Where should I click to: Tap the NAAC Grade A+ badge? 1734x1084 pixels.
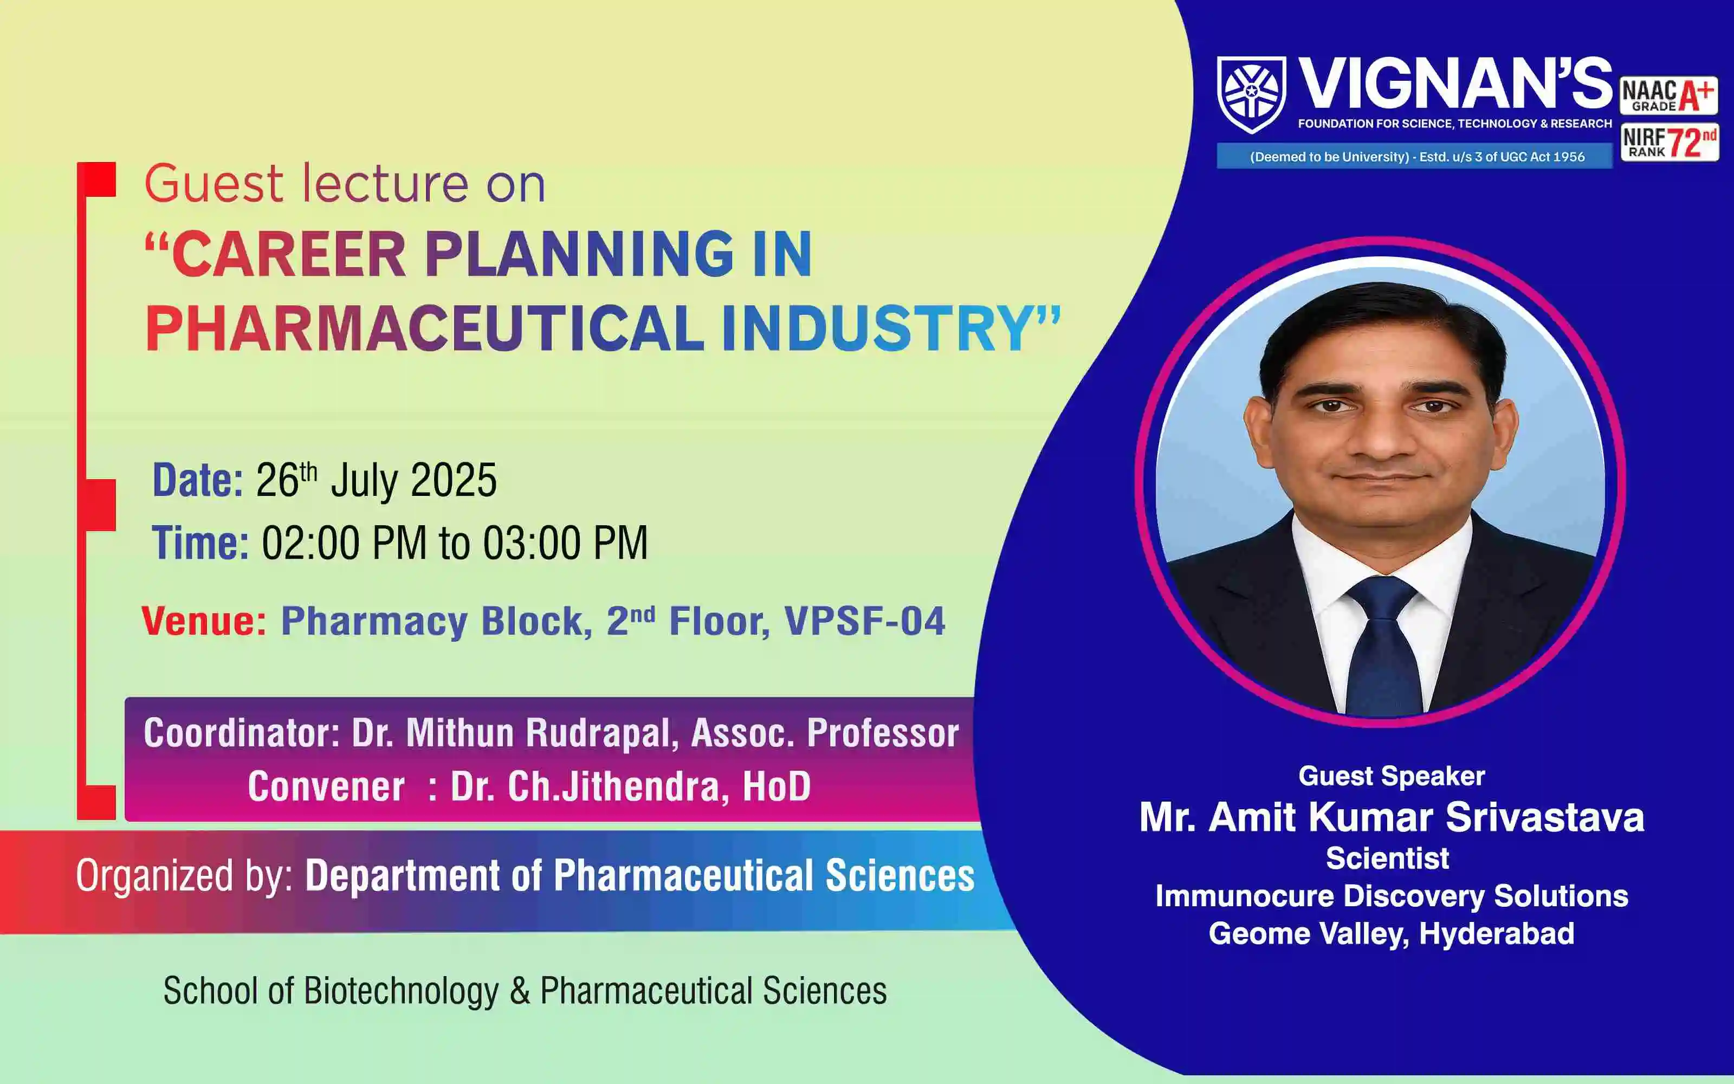[x=1669, y=95]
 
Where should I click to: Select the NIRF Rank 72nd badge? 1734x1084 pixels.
[x=1669, y=142]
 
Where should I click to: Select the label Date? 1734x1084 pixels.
[x=198, y=480]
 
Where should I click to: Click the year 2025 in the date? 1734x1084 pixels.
[x=454, y=480]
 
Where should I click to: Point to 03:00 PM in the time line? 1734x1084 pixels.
[x=565, y=543]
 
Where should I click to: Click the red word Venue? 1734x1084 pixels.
[x=204, y=621]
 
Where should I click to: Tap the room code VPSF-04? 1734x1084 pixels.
[x=865, y=621]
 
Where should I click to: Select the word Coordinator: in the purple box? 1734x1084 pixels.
[x=242, y=733]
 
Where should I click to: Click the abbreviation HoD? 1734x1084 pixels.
[x=777, y=786]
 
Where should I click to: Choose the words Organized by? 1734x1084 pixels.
[x=185, y=876]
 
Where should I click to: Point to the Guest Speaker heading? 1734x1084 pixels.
[x=1392, y=776]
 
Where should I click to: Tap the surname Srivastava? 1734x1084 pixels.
[x=1545, y=817]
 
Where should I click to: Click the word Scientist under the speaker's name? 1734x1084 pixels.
[x=1387, y=858]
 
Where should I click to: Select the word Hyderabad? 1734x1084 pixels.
[x=1497, y=933]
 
